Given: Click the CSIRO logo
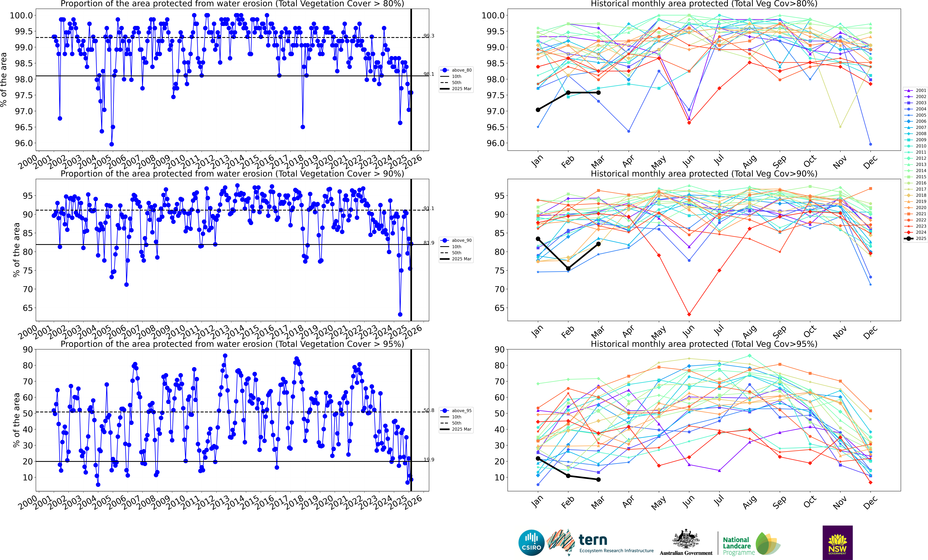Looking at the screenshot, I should click(x=531, y=543).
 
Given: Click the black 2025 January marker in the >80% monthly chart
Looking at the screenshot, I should click(x=538, y=110).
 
